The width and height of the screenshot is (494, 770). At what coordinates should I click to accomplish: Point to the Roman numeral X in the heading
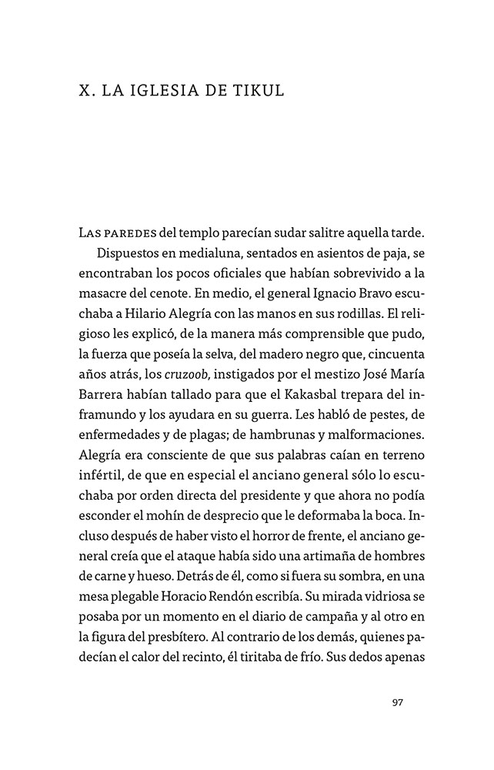(x=85, y=91)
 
